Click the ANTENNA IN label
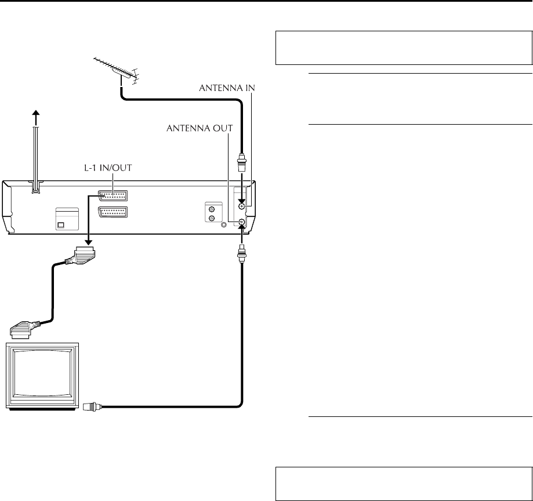(x=227, y=88)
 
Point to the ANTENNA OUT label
(x=200, y=129)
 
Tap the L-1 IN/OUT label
(x=108, y=168)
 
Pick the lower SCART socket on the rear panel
(x=113, y=212)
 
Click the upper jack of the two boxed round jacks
(x=212, y=210)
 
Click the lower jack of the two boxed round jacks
(x=212, y=218)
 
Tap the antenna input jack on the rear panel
(x=242, y=206)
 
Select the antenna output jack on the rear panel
(x=242, y=222)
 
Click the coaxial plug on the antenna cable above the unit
(x=242, y=163)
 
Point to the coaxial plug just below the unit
(x=242, y=253)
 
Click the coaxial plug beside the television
(x=92, y=406)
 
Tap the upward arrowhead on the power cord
(x=36, y=114)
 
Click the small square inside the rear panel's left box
(x=61, y=225)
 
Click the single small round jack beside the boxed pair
(x=224, y=224)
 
